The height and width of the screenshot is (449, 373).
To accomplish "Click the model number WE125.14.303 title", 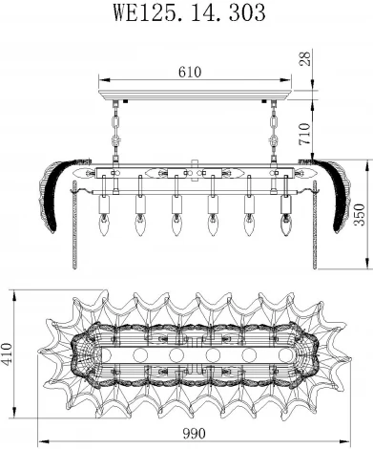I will (186, 13).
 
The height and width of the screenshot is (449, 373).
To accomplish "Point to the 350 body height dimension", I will (359, 217).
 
